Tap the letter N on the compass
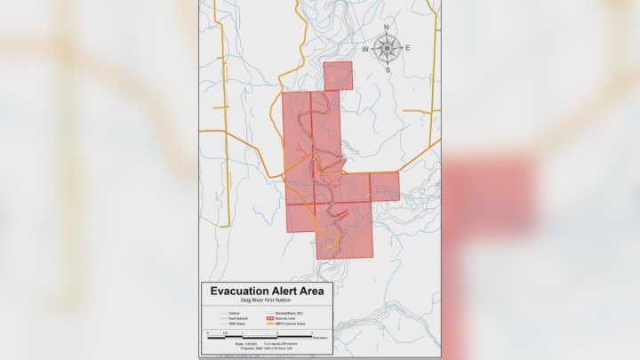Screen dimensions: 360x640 387,28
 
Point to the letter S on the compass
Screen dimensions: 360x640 388,68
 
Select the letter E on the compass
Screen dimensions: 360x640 407,48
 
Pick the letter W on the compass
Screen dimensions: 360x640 365,49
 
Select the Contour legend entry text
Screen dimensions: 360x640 234,313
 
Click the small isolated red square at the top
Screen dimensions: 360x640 339,76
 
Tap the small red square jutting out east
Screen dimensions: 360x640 384,187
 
